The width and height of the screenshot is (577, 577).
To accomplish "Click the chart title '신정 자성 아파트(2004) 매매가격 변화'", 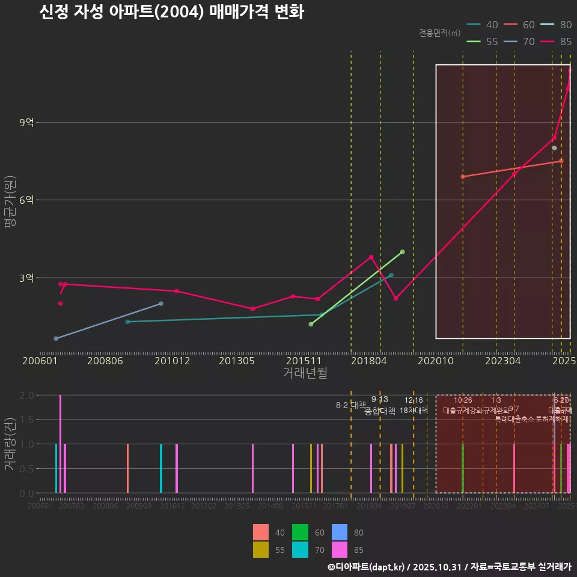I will [171, 12].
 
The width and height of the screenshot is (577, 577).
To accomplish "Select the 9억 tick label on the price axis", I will [27, 123].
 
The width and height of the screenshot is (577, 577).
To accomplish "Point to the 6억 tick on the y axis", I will [27, 200].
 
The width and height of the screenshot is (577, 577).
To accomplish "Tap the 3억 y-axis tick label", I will [27, 278].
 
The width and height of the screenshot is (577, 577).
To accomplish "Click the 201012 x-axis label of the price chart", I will [172, 361].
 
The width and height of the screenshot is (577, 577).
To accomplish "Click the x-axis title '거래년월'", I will [305, 373].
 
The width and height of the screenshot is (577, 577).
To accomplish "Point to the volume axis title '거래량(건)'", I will [10, 443].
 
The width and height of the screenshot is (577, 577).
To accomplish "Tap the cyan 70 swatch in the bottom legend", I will [298, 549].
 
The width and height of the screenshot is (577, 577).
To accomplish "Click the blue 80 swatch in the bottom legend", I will [340, 533].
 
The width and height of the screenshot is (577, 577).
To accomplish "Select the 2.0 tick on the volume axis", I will [26, 395].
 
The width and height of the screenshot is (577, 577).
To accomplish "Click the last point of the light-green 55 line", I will [402, 252].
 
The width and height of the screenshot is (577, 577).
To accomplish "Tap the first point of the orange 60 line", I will [462, 177].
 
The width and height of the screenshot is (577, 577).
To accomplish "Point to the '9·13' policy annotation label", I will [380, 399].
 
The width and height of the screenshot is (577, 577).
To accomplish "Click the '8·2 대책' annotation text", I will [351, 405].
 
